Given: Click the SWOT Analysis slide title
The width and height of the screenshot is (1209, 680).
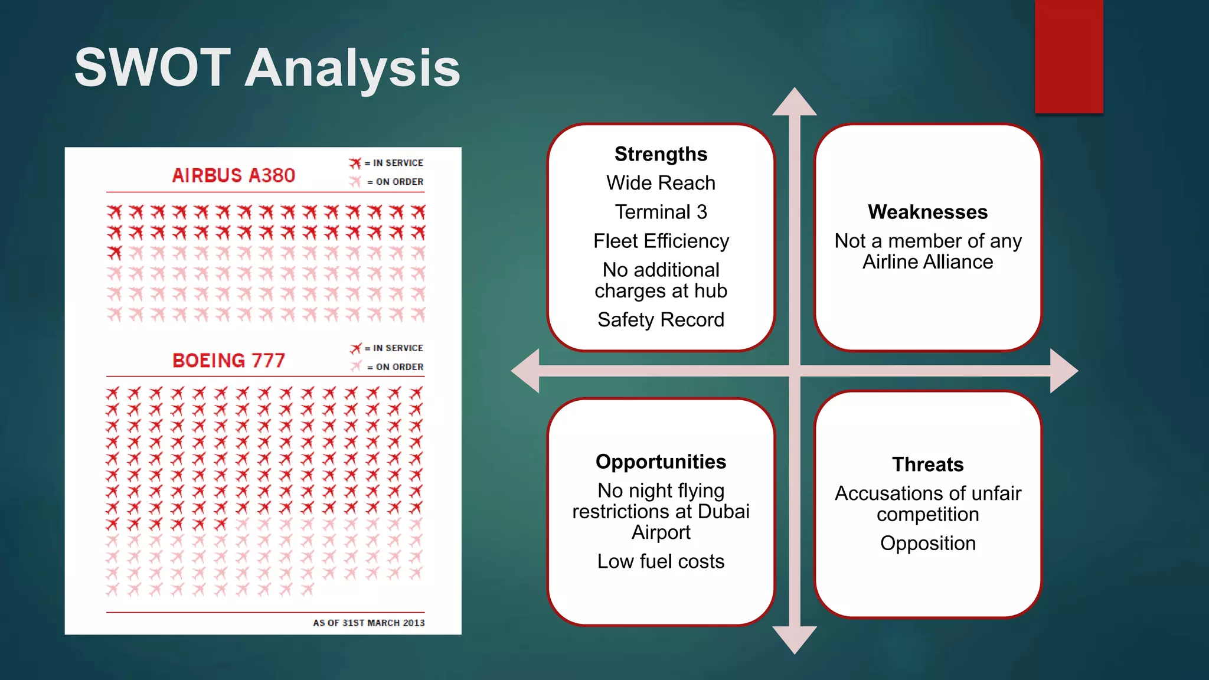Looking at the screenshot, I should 267,68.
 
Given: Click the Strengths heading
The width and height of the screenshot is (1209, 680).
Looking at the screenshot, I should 661,154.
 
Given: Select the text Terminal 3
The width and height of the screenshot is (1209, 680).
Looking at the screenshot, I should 661,212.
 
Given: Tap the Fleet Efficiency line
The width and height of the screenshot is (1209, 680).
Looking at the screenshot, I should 661,241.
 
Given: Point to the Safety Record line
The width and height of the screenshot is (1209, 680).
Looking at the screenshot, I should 661,319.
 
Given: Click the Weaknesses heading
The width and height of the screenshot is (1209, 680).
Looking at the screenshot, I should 927,212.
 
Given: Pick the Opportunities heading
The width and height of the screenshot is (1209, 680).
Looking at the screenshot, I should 661,462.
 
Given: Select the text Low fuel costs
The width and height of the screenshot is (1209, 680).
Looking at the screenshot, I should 661,561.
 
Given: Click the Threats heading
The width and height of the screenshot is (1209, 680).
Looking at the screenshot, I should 927,465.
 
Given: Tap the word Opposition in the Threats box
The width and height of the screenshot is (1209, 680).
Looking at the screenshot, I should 927,543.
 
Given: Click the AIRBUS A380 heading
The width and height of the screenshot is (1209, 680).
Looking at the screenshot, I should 233,175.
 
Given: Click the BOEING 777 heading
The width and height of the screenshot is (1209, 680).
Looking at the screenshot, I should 228,360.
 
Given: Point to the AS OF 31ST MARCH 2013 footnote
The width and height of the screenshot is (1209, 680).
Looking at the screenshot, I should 368,623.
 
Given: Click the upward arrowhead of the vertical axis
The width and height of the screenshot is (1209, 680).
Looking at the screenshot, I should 795,103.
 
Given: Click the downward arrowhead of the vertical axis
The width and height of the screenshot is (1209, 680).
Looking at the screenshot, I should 795,639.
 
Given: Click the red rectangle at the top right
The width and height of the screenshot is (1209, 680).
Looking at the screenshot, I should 1069,57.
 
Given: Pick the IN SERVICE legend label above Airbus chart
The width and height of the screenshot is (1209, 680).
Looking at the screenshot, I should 398,163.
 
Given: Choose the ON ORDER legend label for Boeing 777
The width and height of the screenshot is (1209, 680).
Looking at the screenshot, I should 399,367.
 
